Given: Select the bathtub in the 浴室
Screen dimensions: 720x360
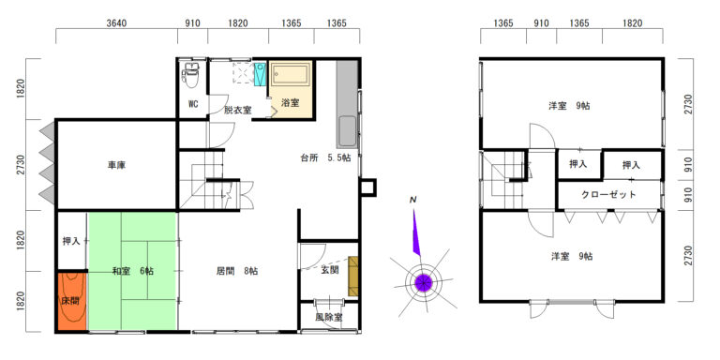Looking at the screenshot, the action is pyautogui.click(x=291, y=74).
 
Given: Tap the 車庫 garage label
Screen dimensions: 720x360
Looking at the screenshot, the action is pyautogui.click(x=117, y=165).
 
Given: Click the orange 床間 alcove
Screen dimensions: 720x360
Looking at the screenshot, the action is pyautogui.click(x=71, y=301).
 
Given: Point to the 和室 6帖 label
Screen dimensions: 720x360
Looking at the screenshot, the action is pyautogui.click(x=133, y=271).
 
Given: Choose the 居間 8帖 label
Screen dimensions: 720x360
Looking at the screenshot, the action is pyautogui.click(x=237, y=271).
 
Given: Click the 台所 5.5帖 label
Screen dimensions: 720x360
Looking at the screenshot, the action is pyautogui.click(x=326, y=157).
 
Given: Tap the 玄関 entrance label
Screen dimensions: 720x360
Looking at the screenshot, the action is pyautogui.click(x=330, y=270).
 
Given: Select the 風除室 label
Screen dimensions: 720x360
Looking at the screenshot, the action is pyautogui.click(x=328, y=317).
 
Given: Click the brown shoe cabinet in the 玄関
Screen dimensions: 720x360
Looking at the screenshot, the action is pyautogui.click(x=353, y=276).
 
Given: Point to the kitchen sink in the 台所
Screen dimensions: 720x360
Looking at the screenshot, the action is pyautogui.click(x=347, y=130).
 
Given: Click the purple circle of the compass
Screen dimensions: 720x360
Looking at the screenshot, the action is pyautogui.click(x=423, y=282).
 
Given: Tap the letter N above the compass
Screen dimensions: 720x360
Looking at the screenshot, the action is pyautogui.click(x=413, y=200).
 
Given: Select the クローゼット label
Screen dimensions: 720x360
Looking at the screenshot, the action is pyautogui.click(x=608, y=194).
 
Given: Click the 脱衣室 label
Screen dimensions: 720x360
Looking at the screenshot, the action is pyautogui.click(x=238, y=110).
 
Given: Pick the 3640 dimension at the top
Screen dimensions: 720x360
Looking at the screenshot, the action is pyautogui.click(x=116, y=23).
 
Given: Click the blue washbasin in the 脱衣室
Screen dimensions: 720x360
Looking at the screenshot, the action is pyautogui.click(x=261, y=74).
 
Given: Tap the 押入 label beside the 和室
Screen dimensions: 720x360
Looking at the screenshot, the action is pyautogui.click(x=71, y=241).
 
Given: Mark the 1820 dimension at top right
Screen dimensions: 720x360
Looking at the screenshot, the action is pyautogui.click(x=633, y=23).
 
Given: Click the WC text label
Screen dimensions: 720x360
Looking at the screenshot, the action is pyautogui.click(x=193, y=104).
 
